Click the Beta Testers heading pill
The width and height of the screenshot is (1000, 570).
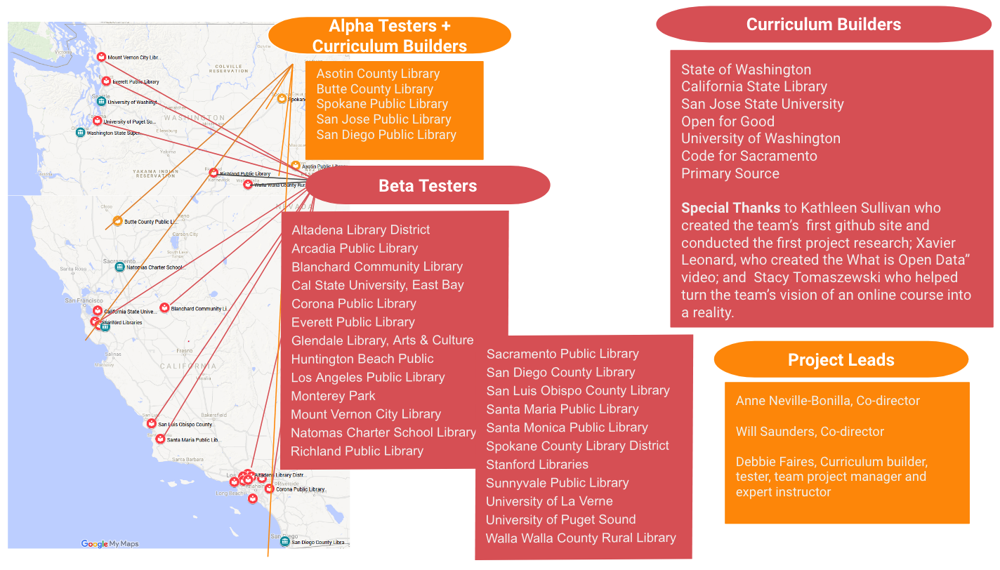(x=427, y=185)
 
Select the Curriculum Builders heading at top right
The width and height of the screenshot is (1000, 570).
(x=823, y=25)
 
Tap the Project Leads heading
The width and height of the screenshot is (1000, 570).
(x=841, y=360)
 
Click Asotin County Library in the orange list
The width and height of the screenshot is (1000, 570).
(x=378, y=74)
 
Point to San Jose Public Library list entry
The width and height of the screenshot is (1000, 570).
(x=383, y=119)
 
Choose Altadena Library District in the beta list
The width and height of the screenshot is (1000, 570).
(x=360, y=230)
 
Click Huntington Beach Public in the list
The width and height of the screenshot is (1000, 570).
(x=362, y=359)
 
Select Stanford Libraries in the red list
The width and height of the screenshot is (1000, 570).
(x=537, y=464)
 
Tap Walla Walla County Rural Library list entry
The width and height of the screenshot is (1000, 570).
(x=580, y=538)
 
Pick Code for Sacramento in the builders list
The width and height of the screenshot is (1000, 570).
(x=749, y=156)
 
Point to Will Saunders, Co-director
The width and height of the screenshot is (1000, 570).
(x=800, y=432)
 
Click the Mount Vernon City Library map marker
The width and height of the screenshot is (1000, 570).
(x=101, y=57)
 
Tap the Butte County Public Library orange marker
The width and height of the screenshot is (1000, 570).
(x=118, y=221)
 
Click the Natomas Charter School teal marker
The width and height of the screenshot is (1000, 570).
(x=119, y=267)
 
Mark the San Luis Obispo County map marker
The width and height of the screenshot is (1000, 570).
(x=150, y=424)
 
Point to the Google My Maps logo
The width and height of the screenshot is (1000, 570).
(x=110, y=543)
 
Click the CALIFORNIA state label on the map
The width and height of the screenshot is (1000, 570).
(x=187, y=366)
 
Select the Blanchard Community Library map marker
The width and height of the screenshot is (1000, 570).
(x=164, y=308)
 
